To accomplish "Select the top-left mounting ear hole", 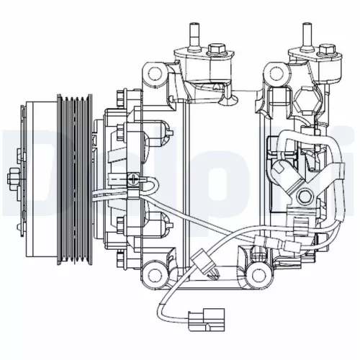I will (152, 72).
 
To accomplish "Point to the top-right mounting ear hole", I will (274, 72).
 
